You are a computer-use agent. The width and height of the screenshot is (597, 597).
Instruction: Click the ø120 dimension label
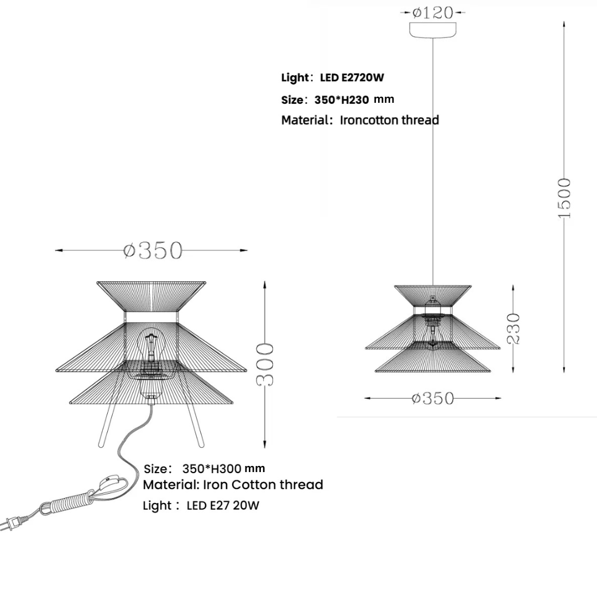[433, 12]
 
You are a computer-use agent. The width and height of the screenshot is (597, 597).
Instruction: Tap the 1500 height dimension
[563, 197]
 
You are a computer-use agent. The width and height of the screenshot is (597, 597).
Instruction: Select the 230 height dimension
[514, 328]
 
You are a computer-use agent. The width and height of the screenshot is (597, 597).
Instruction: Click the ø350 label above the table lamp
[153, 250]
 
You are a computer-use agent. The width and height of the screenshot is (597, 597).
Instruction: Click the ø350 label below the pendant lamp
[433, 398]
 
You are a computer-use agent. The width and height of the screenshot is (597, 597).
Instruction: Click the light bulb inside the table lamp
[151, 345]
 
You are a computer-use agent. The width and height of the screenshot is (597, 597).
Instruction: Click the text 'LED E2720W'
[352, 77]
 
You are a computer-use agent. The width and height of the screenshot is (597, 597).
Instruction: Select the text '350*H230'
[342, 100]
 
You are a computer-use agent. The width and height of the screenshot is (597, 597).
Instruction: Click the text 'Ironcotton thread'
[389, 120]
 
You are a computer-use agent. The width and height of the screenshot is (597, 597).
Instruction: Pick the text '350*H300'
[211, 469]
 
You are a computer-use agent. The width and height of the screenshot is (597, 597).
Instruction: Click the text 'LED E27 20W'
[223, 505]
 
